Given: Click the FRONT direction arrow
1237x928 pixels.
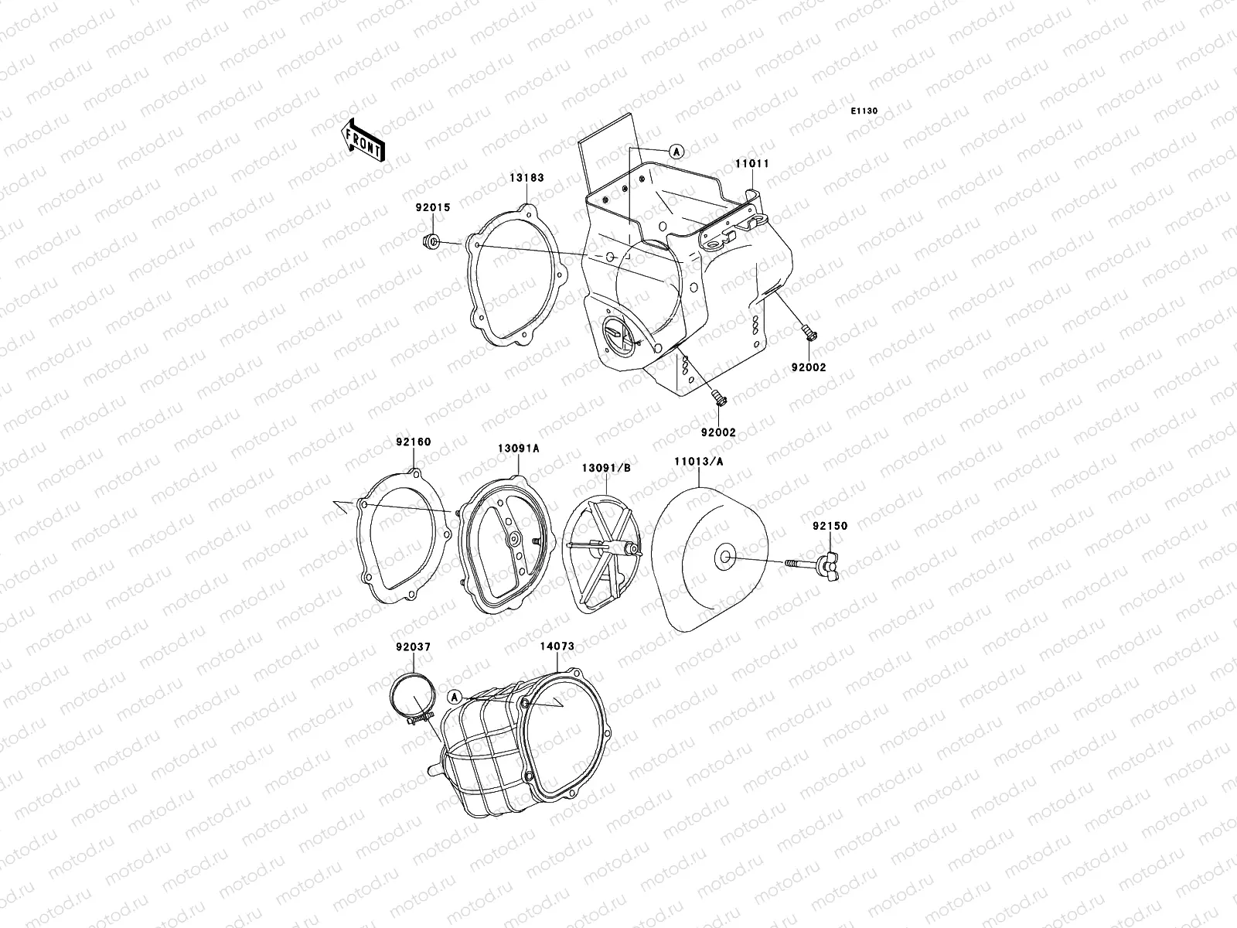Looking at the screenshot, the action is (x=363, y=140).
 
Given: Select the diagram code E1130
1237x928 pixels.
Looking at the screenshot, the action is (x=864, y=111).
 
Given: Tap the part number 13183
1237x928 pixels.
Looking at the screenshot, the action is (x=527, y=178).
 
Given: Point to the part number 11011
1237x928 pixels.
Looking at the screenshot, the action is (x=751, y=164).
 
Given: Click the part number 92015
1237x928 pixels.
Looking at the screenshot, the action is (x=433, y=208).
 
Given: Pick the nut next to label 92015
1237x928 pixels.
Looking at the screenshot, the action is (x=431, y=242).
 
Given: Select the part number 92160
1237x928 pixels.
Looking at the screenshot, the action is (x=413, y=442).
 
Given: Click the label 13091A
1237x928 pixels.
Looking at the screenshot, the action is (x=519, y=449).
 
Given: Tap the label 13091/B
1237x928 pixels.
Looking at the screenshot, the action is (x=606, y=468).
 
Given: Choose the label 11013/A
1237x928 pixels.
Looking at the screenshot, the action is (x=699, y=462).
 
